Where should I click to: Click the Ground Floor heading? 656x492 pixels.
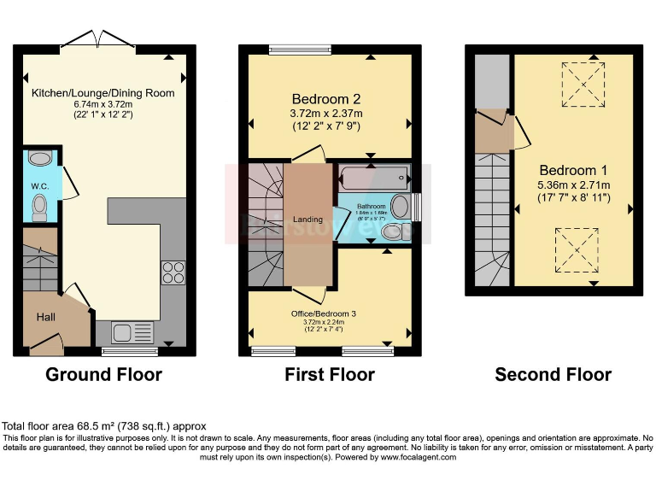(x=103, y=374)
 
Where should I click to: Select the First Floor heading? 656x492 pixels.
(x=330, y=374)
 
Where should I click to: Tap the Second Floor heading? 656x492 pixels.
(x=553, y=374)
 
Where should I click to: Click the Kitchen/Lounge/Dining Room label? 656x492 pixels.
(x=103, y=92)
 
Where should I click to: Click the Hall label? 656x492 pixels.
(x=45, y=317)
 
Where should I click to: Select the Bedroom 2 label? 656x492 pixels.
(x=327, y=97)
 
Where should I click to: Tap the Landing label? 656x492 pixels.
(x=307, y=220)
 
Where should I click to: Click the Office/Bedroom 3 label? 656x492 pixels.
(x=323, y=313)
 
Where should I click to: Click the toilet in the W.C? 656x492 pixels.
(x=38, y=207)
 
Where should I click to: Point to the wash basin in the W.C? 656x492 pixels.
(x=39, y=158)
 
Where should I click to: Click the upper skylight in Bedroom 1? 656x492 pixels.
(x=579, y=85)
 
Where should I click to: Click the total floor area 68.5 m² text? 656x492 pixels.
(x=103, y=425)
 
